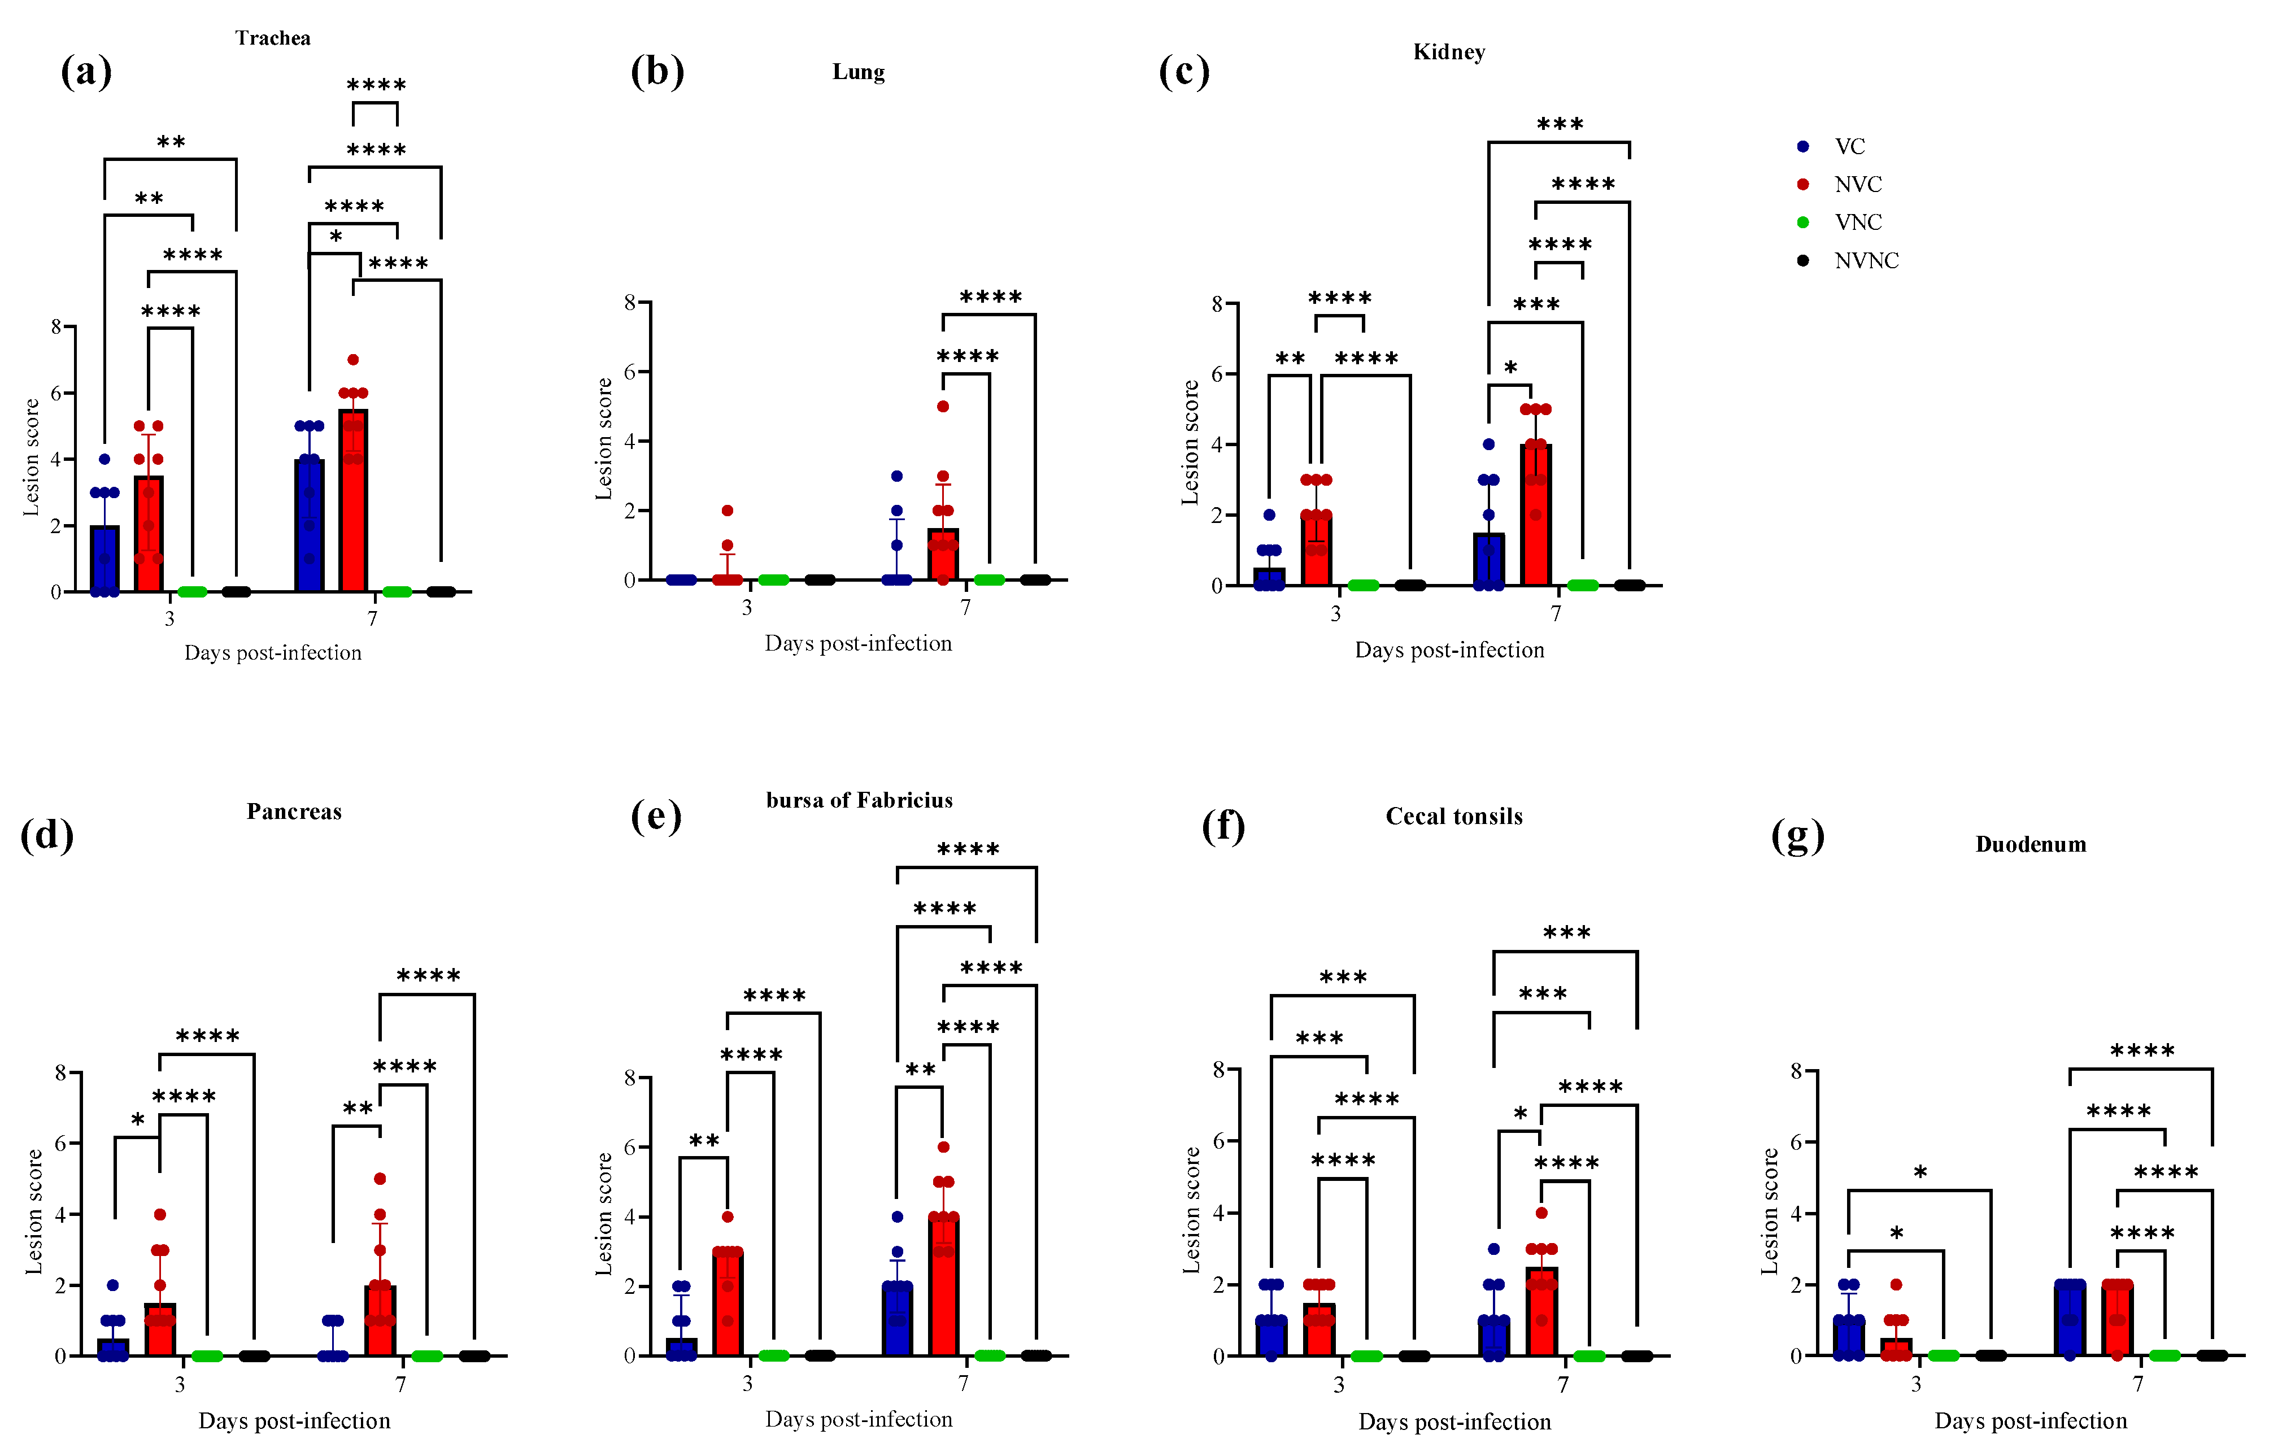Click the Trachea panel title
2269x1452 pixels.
click(273, 38)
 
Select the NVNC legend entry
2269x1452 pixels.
click(1865, 261)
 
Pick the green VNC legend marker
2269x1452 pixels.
click(1803, 223)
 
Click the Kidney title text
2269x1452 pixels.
click(1448, 52)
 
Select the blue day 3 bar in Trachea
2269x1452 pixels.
click(104, 558)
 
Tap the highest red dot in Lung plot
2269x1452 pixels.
click(942, 407)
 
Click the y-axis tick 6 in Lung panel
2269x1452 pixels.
click(629, 372)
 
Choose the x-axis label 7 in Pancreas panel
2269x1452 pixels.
click(400, 1384)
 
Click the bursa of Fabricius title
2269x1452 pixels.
click(859, 800)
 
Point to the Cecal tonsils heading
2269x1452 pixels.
click(1453, 817)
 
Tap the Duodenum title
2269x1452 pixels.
click(2031, 845)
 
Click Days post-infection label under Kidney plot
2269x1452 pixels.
click(1448, 649)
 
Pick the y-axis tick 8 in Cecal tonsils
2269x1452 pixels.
click(1218, 1069)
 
